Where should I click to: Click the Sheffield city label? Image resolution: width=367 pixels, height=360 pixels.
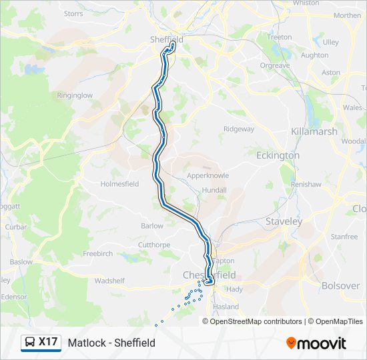click(166, 39)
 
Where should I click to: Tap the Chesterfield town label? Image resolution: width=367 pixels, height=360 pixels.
click(209, 275)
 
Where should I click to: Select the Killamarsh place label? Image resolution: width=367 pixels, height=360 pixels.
click(314, 131)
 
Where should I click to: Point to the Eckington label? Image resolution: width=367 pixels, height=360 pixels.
click(278, 155)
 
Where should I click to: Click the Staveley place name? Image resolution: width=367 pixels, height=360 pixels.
click(284, 221)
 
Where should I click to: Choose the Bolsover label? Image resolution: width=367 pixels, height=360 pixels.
click(340, 285)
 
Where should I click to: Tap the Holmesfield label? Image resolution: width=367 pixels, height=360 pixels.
click(119, 184)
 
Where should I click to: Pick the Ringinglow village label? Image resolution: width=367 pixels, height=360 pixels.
click(74, 96)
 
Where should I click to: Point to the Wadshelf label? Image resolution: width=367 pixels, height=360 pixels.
click(109, 281)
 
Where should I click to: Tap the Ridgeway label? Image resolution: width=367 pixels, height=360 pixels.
click(239, 129)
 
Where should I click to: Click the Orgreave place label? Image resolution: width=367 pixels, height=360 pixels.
click(274, 65)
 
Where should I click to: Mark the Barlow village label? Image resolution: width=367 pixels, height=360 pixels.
click(152, 226)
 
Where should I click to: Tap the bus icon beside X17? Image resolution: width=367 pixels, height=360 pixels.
click(30, 343)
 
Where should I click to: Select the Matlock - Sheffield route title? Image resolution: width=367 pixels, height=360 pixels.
click(111, 343)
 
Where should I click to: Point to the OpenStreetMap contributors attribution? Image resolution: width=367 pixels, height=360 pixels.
click(256, 321)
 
